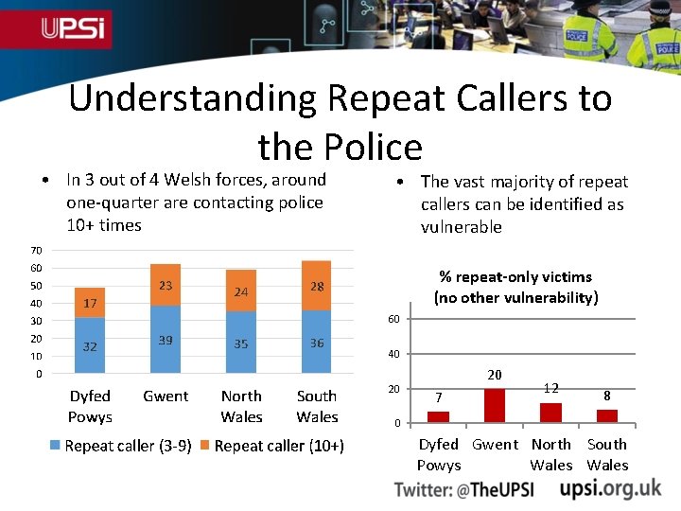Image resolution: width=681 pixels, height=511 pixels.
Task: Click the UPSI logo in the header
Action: click(x=76, y=28)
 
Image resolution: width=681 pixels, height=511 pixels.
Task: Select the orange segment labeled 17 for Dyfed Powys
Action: click(x=90, y=303)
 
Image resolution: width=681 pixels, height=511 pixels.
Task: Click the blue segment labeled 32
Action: click(x=90, y=345)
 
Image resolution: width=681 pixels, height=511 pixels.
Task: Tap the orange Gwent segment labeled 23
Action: click(x=166, y=285)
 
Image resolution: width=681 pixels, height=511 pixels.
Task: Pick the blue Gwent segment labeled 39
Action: click(x=166, y=340)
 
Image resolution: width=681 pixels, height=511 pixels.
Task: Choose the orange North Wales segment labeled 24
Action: click(x=241, y=291)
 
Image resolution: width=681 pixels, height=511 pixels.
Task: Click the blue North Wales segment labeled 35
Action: click(x=241, y=344)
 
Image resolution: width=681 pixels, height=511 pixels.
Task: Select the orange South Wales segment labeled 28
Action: click(x=317, y=286)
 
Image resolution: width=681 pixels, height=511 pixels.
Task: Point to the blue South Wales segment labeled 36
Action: click(x=317, y=343)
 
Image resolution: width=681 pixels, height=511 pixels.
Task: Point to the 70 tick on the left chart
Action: click(x=35, y=251)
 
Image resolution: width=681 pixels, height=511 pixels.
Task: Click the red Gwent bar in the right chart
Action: click(x=495, y=405)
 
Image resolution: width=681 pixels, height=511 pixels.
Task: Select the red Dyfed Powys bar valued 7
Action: click(x=438, y=416)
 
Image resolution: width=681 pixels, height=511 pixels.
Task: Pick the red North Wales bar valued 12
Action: click(x=551, y=412)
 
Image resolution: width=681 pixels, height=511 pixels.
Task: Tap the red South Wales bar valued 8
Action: click(x=607, y=414)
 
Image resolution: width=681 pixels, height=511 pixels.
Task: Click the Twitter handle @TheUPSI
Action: click(x=464, y=489)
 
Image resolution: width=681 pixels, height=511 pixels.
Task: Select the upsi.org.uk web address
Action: click(x=610, y=488)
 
